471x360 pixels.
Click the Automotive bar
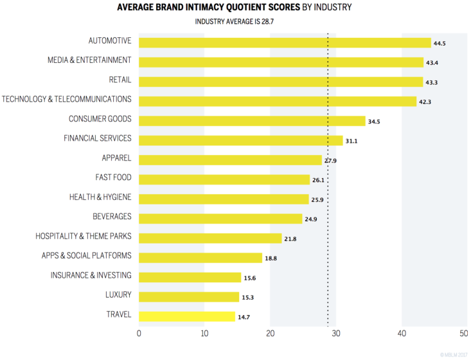pos(285,42)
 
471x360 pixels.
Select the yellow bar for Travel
pos(187,316)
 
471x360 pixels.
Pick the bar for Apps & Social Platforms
pos(200,258)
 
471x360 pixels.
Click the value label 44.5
pos(440,44)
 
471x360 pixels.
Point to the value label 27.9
pos(330,161)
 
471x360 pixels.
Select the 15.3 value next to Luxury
pos(249,298)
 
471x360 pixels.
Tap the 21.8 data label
pos(290,239)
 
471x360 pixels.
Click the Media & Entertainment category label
pos(89,60)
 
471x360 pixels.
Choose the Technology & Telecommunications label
pos(66,100)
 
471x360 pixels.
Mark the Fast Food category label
pos(113,177)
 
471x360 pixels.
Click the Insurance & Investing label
pos(91,275)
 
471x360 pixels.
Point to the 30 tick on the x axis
pos(335,333)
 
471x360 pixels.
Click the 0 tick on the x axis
pos(139,333)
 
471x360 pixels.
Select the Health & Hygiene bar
pos(224,199)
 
